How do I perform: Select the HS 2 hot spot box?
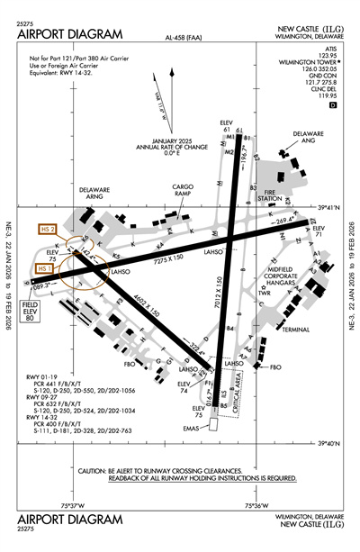[x=48, y=230]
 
